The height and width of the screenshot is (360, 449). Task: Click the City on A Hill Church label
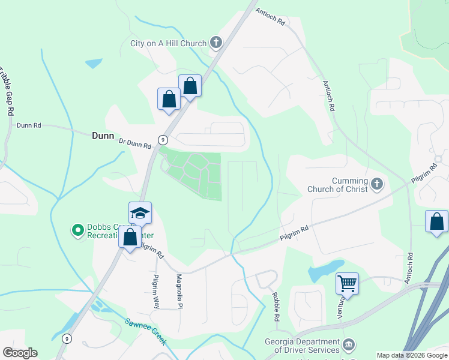(168, 43)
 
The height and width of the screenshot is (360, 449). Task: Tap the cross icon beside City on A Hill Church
(216, 43)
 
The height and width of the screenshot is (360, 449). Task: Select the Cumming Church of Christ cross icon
(376, 184)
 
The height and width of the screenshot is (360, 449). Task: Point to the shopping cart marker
(347, 282)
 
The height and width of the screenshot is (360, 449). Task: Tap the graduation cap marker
(140, 213)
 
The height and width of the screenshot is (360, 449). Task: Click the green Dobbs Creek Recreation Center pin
(77, 230)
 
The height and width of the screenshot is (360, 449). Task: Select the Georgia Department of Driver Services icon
(349, 346)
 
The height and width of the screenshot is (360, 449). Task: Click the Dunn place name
(103, 136)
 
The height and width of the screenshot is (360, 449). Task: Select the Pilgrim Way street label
(155, 291)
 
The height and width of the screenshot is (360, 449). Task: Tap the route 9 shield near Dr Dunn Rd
(162, 140)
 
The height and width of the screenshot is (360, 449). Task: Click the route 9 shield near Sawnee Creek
(66, 338)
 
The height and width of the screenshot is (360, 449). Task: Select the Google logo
(20, 353)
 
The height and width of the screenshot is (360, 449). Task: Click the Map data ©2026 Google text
(412, 355)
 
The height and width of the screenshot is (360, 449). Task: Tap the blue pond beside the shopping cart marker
(325, 271)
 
